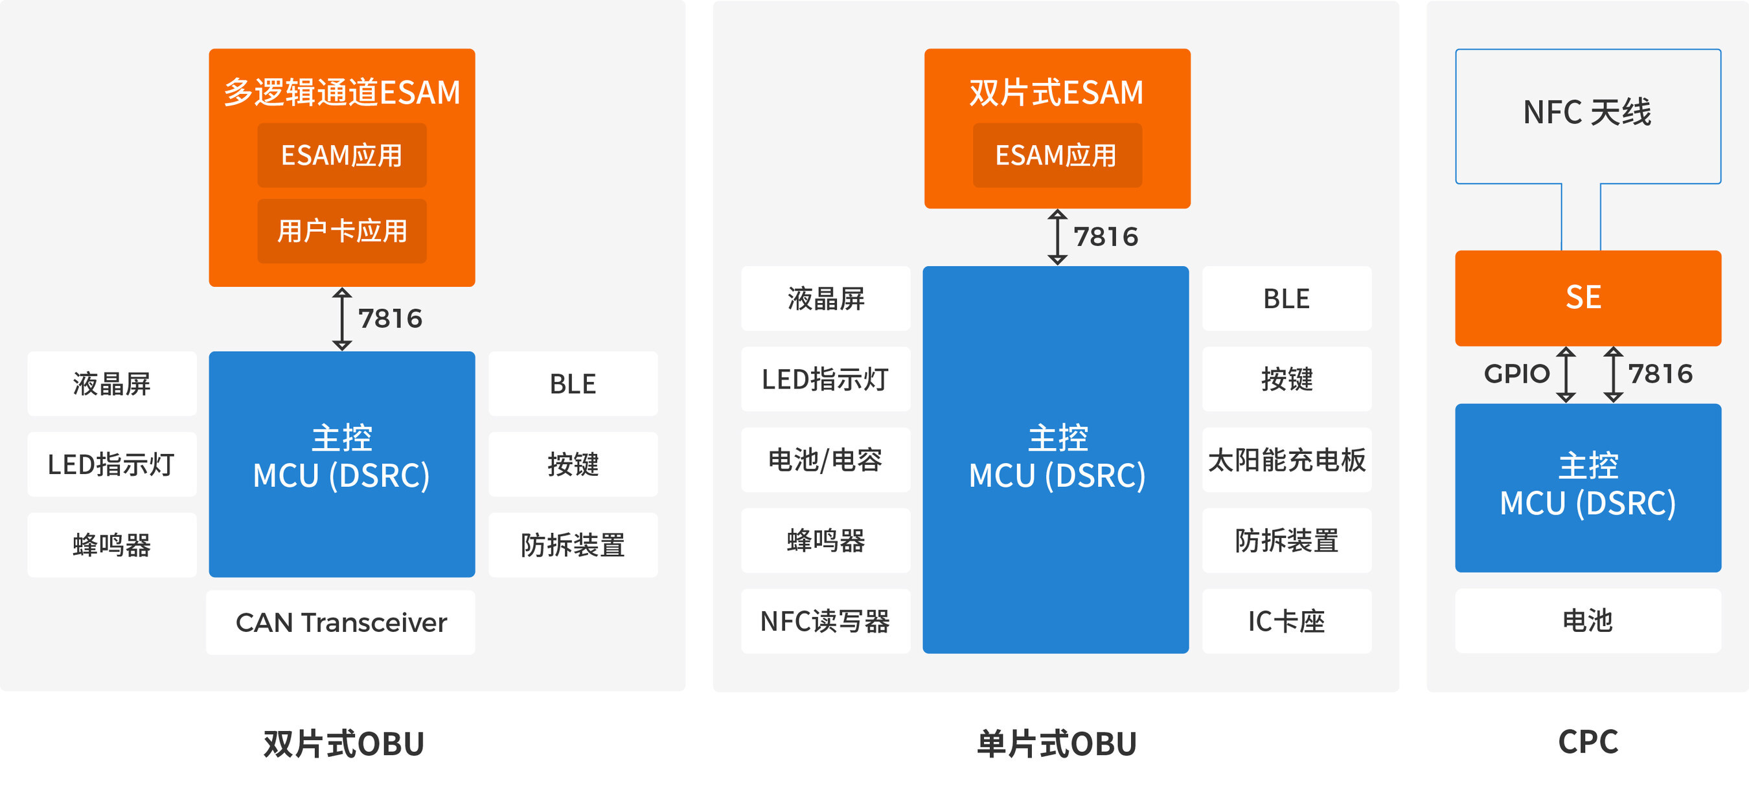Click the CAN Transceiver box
(x=341, y=622)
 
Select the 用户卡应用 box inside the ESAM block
(x=341, y=231)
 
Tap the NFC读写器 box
(x=825, y=621)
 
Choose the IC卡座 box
(x=1286, y=621)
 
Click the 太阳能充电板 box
(x=1286, y=460)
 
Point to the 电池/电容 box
(x=825, y=460)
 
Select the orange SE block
(x=1588, y=297)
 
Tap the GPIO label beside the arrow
(x=1516, y=374)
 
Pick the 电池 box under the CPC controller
(x=1588, y=620)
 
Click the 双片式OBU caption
(x=343, y=743)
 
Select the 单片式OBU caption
(x=1057, y=743)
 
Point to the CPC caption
(x=1588, y=741)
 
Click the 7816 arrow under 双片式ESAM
(x=1057, y=237)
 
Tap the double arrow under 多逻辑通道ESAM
(x=341, y=319)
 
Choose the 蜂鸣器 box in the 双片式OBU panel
(x=112, y=545)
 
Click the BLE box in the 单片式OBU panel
(x=1286, y=298)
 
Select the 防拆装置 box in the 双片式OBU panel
(x=573, y=545)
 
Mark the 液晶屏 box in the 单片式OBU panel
(x=825, y=298)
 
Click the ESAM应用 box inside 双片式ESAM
(x=1057, y=155)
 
